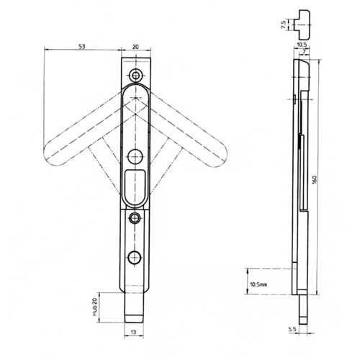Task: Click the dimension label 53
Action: tap(82, 47)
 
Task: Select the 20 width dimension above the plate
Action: tap(135, 47)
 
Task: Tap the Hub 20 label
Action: tap(94, 307)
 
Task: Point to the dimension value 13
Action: tap(134, 332)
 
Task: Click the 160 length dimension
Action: tap(315, 180)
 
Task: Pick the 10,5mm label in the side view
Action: tap(258, 284)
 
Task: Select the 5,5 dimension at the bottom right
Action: tap(292, 330)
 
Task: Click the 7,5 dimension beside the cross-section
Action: tap(284, 24)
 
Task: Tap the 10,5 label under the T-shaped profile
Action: tap(302, 45)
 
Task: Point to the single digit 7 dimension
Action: tap(304, 51)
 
